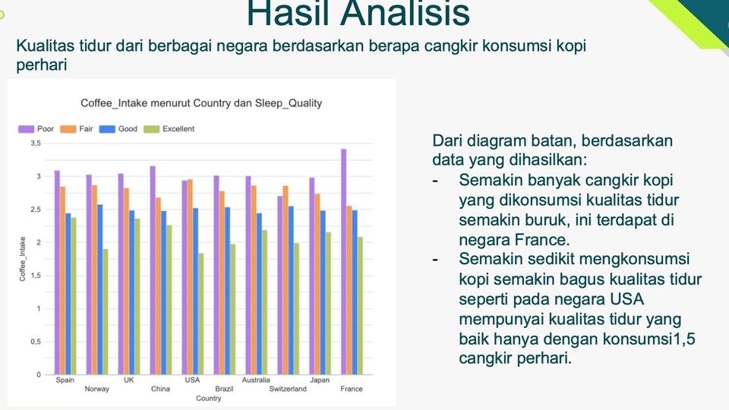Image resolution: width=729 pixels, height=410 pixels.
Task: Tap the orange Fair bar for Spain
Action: click(x=63, y=280)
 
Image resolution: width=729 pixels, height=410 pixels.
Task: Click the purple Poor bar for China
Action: click(x=153, y=270)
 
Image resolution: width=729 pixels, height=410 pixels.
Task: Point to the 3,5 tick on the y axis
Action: click(x=36, y=143)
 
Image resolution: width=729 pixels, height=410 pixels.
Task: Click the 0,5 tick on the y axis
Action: click(x=36, y=342)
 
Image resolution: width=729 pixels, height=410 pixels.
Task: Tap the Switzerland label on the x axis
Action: click(x=288, y=389)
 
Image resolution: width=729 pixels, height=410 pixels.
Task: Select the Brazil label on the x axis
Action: click(x=224, y=389)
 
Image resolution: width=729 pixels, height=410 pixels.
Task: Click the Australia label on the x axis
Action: click(x=256, y=380)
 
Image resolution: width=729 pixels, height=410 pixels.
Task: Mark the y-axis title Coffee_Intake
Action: click(x=23, y=259)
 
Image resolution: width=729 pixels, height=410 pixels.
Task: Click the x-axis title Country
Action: click(x=209, y=399)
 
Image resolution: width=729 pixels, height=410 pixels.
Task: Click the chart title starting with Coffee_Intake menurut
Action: click(x=201, y=103)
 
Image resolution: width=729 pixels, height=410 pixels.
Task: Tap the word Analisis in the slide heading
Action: click(x=405, y=14)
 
